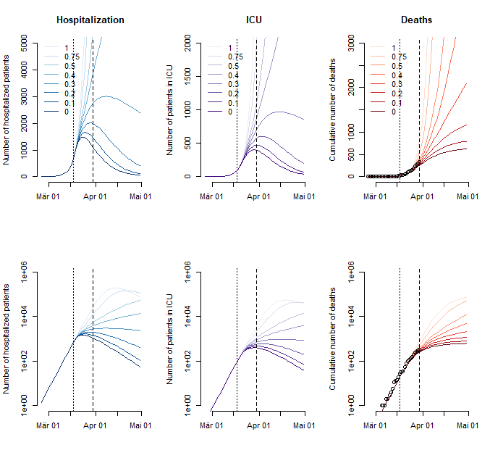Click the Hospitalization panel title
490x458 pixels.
(x=90, y=20)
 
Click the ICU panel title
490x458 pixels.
(x=253, y=20)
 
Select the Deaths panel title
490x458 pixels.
(x=417, y=20)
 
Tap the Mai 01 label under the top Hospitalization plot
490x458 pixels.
(x=140, y=195)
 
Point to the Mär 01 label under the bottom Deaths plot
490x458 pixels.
(x=374, y=425)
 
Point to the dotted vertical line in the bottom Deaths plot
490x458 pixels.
(x=400, y=341)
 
